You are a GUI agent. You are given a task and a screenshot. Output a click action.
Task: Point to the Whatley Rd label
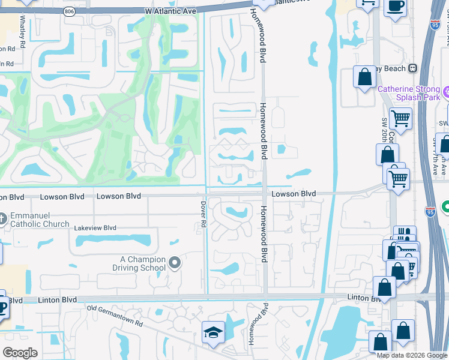click(22, 31)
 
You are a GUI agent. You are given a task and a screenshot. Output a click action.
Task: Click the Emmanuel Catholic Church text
click(39, 220)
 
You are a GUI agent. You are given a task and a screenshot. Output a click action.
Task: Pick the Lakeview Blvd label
click(95, 229)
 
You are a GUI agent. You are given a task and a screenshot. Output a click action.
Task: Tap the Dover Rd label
click(203, 214)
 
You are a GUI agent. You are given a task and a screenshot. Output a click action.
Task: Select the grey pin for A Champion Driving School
click(175, 262)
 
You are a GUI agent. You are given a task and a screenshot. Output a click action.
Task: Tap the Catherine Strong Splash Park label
click(409, 94)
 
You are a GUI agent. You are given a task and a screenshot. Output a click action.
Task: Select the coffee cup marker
click(395, 7)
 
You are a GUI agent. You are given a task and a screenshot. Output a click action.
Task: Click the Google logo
click(20, 353)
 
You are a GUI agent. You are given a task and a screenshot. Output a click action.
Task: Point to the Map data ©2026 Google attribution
click(412, 355)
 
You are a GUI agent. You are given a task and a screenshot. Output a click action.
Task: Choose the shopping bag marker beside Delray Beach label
click(364, 77)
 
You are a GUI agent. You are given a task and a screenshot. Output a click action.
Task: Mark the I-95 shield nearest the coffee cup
click(435, 25)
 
